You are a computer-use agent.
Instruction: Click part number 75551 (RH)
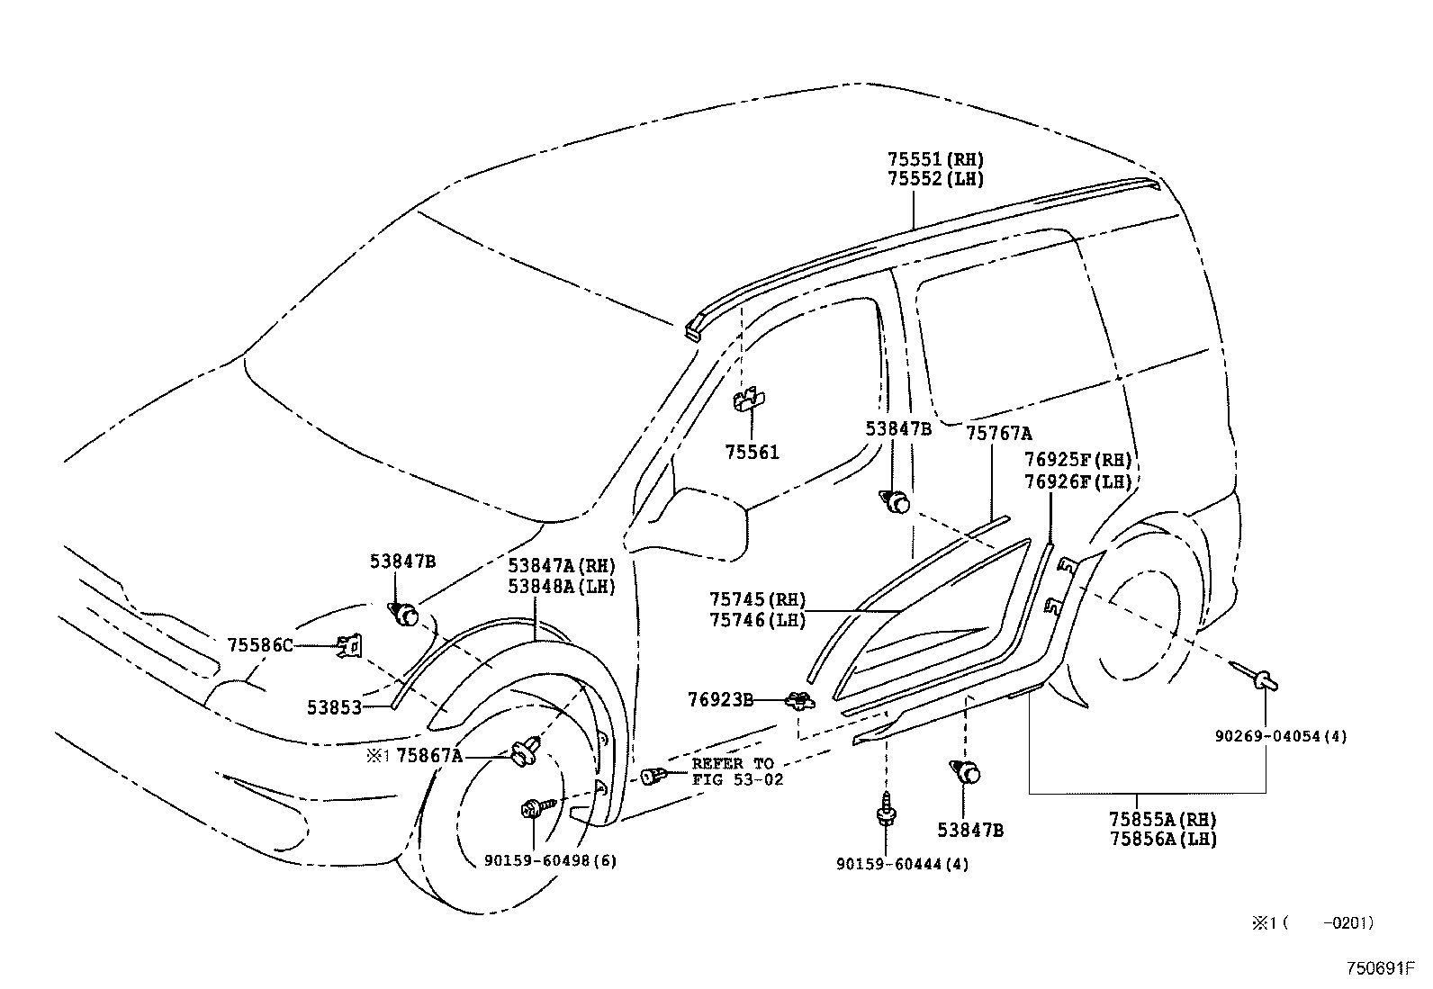tap(935, 159)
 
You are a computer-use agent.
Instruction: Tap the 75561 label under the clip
tap(752, 453)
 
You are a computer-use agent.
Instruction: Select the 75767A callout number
tap(998, 434)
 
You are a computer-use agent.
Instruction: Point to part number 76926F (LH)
tap(1077, 481)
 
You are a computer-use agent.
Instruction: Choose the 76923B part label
tap(720, 698)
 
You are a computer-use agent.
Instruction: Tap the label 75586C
tap(260, 645)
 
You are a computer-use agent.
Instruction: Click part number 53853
tap(334, 707)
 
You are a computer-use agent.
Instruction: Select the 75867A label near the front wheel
tap(429, 756)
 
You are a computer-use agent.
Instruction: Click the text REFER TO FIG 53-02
tap(736, 771)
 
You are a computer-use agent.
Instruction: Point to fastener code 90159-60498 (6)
tap(550, 860)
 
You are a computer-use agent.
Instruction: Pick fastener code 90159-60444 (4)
tap(903, 864)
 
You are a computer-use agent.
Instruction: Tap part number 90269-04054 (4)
tap(1280, 736)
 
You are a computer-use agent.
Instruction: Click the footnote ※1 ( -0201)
tap(1311, 922)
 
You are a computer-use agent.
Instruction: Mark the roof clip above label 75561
tap(749, 399)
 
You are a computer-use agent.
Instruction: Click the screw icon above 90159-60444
tap(886, 812)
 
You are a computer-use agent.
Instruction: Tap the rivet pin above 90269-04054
tap(1257, 675)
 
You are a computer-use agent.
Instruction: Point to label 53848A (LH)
tap(561, 586)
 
